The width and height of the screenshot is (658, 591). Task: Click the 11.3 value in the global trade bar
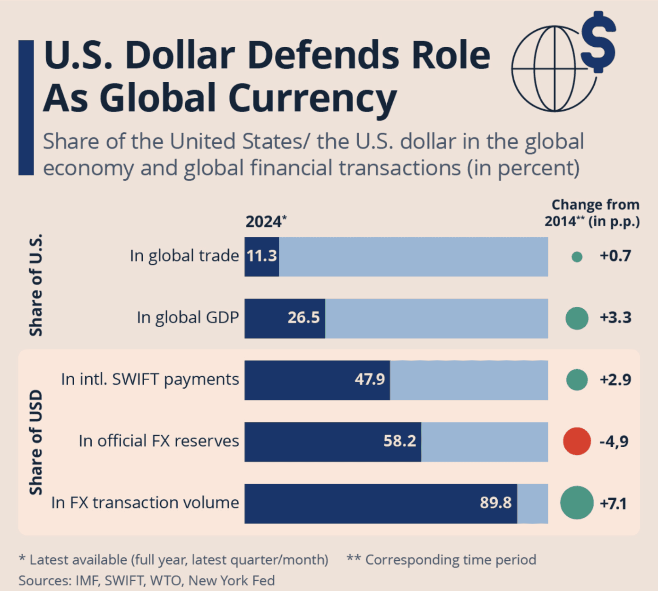coord(262,256)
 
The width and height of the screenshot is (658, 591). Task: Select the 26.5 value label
coord(303,317)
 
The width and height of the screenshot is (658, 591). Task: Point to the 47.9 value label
coord(370,379)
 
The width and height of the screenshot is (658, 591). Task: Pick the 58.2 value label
coord(399,441)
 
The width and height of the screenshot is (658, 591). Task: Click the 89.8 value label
coord(495,502)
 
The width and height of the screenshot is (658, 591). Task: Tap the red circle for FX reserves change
coord(577,441)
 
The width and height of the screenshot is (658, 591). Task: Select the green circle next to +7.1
coord(577,503)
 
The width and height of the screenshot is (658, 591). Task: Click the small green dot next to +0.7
coord(577,257)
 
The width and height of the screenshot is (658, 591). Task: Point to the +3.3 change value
coord(615,317)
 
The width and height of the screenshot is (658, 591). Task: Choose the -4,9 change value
coord(614,441)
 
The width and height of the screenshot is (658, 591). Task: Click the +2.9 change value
coord(615,379)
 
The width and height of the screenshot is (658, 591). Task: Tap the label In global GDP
coord(188,317)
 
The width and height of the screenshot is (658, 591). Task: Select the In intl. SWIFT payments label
coord(150,379)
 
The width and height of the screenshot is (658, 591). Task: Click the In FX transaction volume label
coord(145,502)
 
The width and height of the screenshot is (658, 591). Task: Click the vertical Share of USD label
coord(36,442)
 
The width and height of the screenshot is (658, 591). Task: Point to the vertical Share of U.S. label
coord(36,285)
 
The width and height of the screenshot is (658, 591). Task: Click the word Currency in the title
coord(312,98)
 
